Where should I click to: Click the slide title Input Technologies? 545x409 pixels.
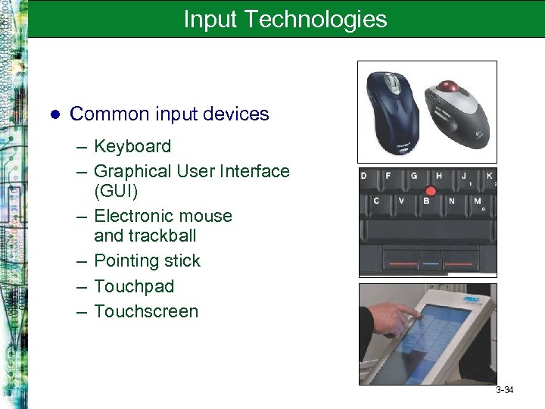click(285, 19)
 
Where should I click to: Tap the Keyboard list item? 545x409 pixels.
click(132, 146)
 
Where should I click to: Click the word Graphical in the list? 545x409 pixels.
click(132, 171)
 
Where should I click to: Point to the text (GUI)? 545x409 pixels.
click(116, 191)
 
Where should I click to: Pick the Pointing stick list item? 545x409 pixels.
click(147, 261)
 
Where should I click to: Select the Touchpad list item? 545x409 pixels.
click(134, 286)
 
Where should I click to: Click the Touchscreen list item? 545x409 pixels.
click(146, 311)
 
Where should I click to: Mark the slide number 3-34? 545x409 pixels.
click(504, 391)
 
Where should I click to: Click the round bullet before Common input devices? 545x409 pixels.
click(54, 114)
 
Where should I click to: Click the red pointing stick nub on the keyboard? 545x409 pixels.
click(431, 190)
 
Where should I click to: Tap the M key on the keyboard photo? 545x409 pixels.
click(477, 201)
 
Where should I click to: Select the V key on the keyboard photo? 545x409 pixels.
click(401, 201)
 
